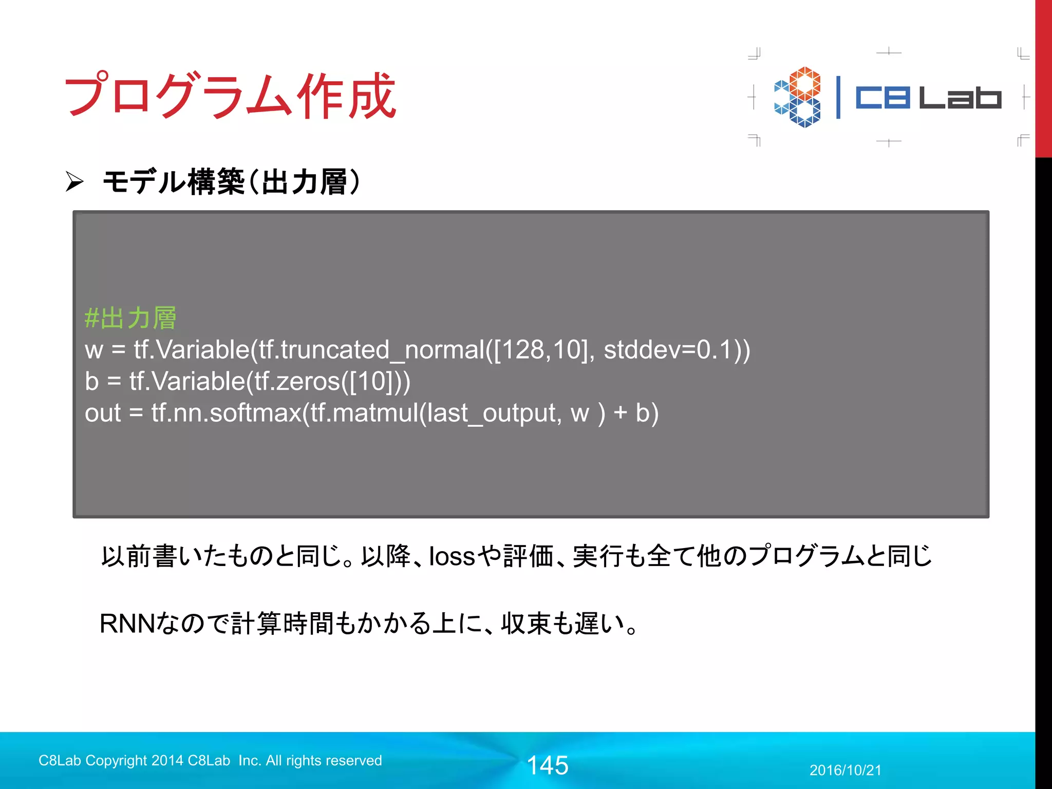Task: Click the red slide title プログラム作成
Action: click(230, 95)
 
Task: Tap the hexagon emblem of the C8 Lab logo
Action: click(797, 97)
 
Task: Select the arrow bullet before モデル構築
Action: click(74, 181)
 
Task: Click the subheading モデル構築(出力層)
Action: click(231, 182)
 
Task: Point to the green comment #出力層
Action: click(130, 318)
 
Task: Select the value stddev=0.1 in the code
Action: click(667, 350)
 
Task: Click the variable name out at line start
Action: click(103, 413)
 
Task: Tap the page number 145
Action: click(548, 765)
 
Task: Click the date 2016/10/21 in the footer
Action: click(845, 770)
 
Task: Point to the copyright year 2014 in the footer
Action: click(167, 761)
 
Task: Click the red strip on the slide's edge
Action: click(1043, 77)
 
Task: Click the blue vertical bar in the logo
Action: click(838, 98)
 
